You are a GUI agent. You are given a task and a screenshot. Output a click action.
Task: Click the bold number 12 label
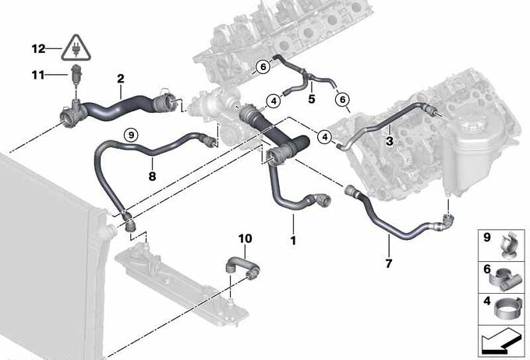pos(38,48)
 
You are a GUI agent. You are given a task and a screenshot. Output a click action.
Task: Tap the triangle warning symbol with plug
pos(76,48)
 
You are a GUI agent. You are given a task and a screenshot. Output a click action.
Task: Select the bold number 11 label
pos(38,75)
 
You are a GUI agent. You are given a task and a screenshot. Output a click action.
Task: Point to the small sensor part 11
pos(76,73)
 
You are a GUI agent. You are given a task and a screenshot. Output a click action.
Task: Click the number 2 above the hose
pos(121,79)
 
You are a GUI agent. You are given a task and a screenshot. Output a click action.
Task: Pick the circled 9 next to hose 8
pos(131,136)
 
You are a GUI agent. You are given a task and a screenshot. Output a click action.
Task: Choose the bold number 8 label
pos(152,176)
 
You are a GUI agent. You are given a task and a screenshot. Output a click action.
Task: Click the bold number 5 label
pos(312,99)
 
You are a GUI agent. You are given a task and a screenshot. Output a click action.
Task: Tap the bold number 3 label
pos(390,141)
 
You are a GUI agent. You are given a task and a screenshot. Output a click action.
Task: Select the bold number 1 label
pos(293,240)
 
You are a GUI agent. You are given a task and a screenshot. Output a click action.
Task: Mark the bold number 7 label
pos(389,263)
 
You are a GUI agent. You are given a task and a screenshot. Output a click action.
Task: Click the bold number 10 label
pos(245,238)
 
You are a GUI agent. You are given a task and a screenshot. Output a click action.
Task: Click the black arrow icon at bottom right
pos(502,341)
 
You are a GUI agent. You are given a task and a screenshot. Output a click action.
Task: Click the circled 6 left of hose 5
pos(263,66)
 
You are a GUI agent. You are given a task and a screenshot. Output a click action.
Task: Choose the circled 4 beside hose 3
pos(325,137)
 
